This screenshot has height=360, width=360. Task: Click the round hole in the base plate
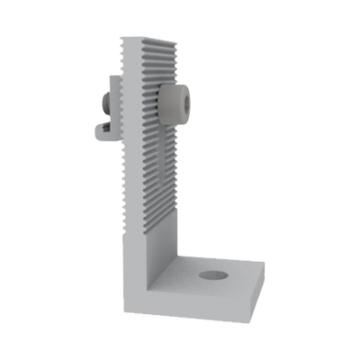(x=212, y=275)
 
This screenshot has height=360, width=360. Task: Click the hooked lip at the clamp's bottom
(x=102, y=133)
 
